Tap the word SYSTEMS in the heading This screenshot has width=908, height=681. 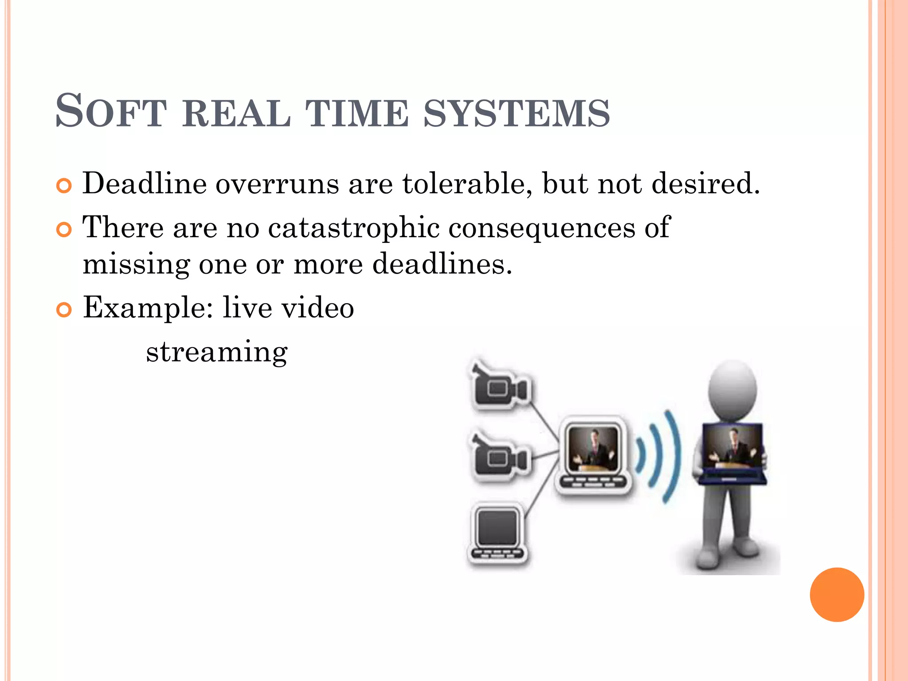[x=517, y=113]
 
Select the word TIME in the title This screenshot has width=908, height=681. [x=357, y=113]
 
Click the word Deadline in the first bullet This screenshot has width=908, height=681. [x=145, y=183]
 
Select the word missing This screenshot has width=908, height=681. [x=136, y=265]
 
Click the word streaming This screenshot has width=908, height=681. [x=217, y=352]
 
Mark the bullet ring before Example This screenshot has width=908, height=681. [x=64, y=310]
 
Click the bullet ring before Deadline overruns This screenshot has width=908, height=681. [x=64, y=186]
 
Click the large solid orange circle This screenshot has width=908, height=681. [x=837, y=595]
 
